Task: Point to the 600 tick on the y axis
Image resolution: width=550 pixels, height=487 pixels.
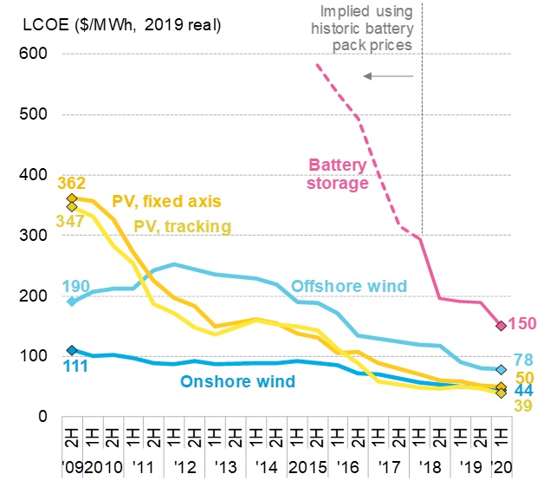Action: (x=32, y=54)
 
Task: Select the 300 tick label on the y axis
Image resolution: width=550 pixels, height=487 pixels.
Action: (x=32, y=236)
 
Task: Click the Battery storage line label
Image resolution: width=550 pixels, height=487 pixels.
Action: (x=339, y=173)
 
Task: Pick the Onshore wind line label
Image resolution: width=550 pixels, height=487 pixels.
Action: (x=237, y=381)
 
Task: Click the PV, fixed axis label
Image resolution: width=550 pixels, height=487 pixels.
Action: (x=166, y=202)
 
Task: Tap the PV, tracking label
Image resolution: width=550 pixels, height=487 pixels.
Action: (x=182, y=226)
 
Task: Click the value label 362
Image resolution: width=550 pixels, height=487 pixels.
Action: (x=72, y=183)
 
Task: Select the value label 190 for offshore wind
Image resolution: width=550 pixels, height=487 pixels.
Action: (x=76, y=286)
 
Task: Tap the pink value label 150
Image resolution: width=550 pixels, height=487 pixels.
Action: (x=524, y=324)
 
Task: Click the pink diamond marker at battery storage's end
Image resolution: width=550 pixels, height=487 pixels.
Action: (x=501, y=326)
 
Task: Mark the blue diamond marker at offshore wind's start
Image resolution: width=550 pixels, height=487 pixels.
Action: (x=72, y=302)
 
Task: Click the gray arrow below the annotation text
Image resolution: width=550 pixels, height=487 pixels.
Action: (x=387, y=76)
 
